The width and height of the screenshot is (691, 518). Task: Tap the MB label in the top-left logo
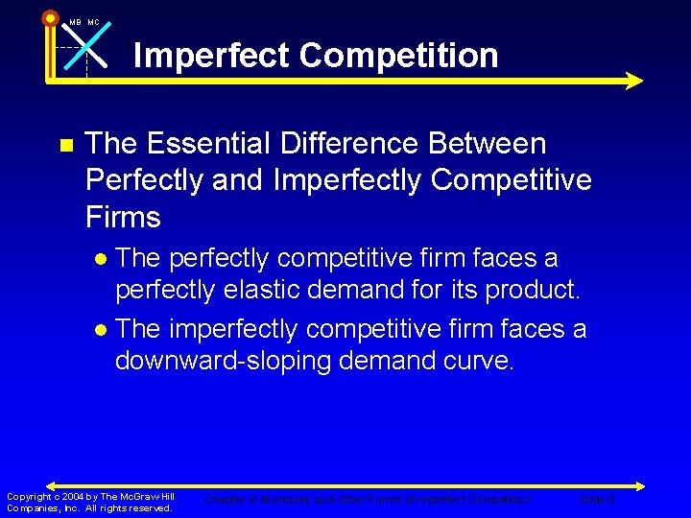[x=75, y=22]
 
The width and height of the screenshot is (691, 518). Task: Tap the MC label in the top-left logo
[x=94, y=22]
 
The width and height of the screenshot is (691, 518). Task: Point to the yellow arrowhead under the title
[x=633, y=82]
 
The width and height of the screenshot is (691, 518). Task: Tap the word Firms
[x=123, y=217]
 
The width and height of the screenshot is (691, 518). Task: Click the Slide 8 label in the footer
[x=597, y=500]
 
